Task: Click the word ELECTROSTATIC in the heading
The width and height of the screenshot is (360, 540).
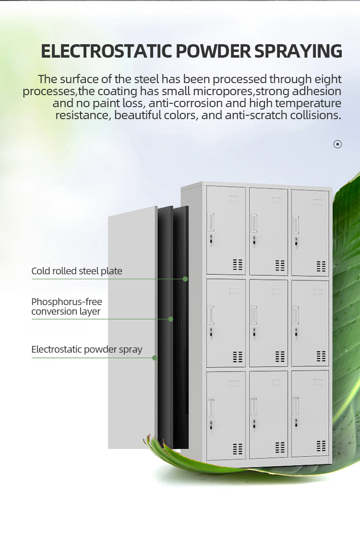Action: click(107, 51)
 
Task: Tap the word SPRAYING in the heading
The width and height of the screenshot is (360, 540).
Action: click(298, 51)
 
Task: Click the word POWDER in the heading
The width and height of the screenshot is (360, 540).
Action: click(214, 51)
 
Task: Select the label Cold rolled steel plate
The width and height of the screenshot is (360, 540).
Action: click(77, 271)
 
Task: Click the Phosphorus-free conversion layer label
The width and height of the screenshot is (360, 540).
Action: click(67, 307)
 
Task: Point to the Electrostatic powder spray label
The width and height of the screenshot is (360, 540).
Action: click(87, 350)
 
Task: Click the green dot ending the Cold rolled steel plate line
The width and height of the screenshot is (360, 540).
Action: click(185, 279)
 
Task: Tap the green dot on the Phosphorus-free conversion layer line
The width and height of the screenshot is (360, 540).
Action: click(170, 319)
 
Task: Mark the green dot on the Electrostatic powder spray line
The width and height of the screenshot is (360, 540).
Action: click(155, 358)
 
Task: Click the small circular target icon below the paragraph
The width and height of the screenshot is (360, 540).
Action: click(337, 144)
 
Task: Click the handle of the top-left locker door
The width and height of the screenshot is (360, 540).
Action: click(211, 222)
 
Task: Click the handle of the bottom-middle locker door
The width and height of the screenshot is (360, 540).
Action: click(254, 407)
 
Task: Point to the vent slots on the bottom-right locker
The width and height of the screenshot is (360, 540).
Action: click(321, 446)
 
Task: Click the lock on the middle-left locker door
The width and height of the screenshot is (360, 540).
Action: click(211, 333)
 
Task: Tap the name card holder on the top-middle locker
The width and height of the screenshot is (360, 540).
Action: click(276, 200)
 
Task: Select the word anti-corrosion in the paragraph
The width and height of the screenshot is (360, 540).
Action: click(185, 103)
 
